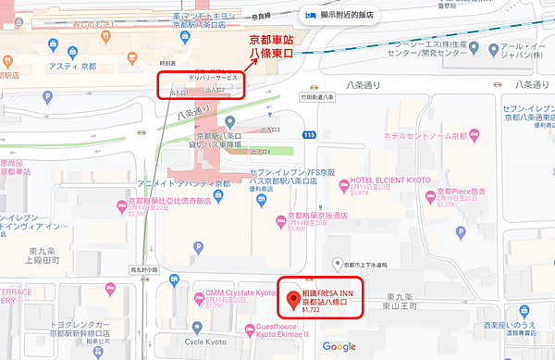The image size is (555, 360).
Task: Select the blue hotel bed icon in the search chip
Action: (x=310, y=15)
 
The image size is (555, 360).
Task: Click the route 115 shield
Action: (x=309, y=135)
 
